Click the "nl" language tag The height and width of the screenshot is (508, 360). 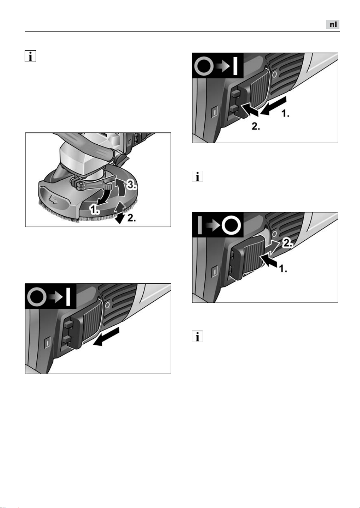[333, 24]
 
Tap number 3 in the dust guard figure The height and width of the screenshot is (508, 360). [131, 185]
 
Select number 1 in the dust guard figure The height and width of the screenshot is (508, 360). [95, 209]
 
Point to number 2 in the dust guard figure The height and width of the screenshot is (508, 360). [131, 218]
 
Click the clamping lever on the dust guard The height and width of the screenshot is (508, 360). [95, 185]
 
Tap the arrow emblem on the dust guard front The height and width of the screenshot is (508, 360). [53, 200]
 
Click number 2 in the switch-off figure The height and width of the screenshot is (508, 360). [287, 243]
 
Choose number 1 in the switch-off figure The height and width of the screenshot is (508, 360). [283, 269]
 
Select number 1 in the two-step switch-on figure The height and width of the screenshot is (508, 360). [285, 113]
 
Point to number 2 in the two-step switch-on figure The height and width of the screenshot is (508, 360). [256, 126]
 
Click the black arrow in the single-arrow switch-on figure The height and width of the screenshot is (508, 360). [106, 336]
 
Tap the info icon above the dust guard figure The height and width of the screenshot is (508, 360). [30, 56]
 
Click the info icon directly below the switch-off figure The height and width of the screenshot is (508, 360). [197, 336]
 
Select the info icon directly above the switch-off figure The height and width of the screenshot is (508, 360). [197, 177]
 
